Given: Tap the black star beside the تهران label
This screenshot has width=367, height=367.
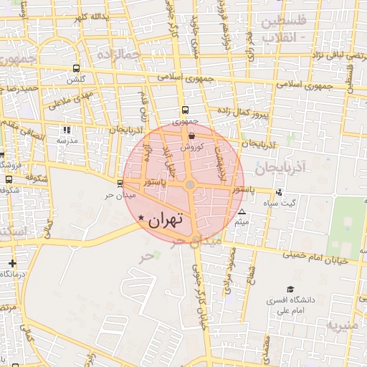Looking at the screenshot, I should point(141,217).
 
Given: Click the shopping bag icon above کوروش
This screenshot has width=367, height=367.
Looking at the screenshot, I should point(192,135).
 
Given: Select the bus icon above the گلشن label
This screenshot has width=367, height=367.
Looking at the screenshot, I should point(77,69).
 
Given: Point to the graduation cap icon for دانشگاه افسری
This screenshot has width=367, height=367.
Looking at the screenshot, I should point(290,289).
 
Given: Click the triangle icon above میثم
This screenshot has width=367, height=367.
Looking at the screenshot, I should point(242,212).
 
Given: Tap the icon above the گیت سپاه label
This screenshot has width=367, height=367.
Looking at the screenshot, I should point(279,193).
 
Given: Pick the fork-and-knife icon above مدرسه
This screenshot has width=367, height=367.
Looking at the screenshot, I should point(67,130).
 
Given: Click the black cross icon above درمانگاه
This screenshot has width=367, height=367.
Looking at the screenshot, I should point(12,263).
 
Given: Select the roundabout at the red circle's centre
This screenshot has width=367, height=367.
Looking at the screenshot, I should point(190,185).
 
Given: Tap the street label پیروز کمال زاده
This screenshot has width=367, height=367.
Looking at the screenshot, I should point(242,111).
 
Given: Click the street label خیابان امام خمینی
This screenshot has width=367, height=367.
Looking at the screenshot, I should point(315,258).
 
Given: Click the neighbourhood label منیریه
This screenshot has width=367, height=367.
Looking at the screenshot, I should point(347,327).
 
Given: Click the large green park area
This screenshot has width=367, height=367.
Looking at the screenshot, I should point(347,227).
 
